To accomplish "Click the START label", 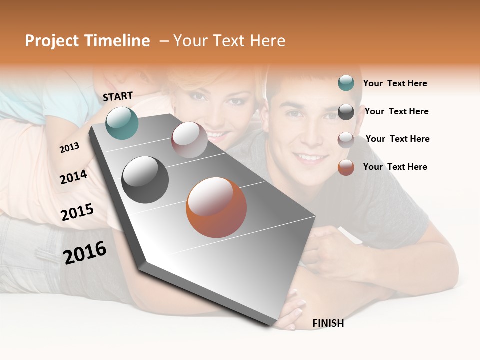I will [118, 96].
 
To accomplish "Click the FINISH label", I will [328, 323].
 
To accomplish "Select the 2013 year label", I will [70, 147].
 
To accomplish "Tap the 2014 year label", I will [74, 177].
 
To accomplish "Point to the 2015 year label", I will [77, 212].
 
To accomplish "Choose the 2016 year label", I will [85, 252].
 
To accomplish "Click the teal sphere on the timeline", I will [122, 123].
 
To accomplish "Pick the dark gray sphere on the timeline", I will [145, 180].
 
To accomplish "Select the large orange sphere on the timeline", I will [216, 207].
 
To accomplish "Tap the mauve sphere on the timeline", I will [189, 140].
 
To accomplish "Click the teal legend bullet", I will [346, 83].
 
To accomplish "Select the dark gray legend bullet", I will [346, 112].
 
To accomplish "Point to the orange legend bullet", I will [346, 167].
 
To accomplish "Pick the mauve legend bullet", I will [346, 140].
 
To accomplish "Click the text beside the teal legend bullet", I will [395, 83].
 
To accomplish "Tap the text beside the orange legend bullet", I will [395, 167].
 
